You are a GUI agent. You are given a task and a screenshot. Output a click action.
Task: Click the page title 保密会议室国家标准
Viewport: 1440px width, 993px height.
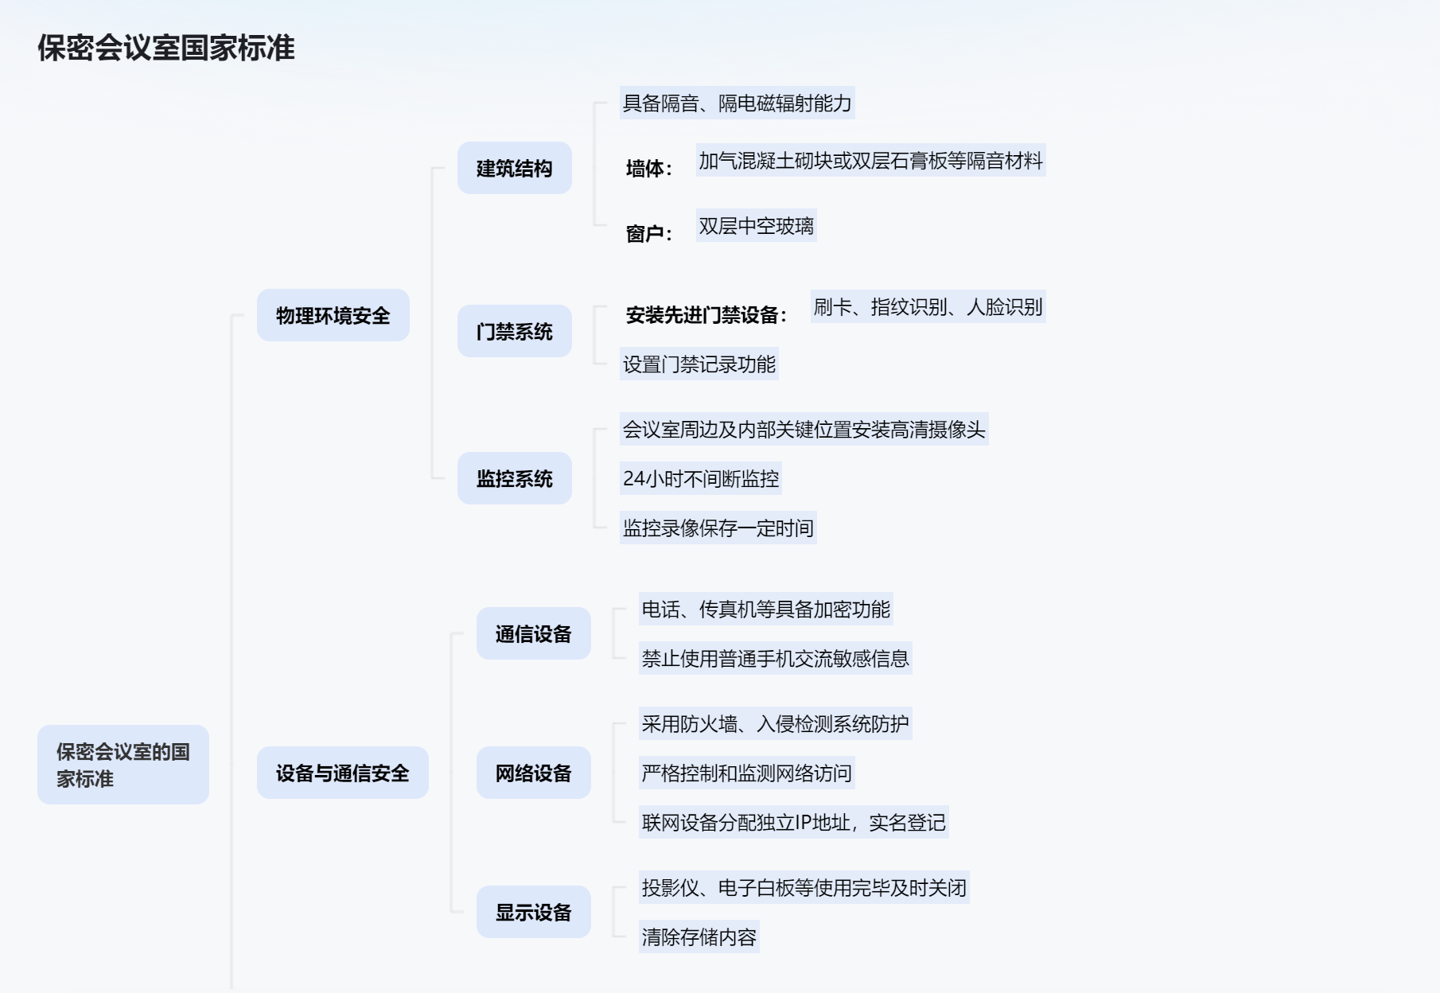tap(165, 49)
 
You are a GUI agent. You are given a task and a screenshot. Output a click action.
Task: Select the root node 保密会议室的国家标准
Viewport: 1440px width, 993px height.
tap(123, 765)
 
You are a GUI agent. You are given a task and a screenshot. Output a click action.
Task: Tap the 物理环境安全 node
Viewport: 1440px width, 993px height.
tap(333, 316)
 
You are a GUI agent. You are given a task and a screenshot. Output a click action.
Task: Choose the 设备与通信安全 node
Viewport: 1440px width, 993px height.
tap(342, 773)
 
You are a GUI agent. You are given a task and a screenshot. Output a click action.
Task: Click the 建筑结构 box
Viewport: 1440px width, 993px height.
tap(514, 169)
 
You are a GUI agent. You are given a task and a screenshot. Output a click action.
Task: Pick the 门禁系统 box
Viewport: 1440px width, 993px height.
tap(514, 331)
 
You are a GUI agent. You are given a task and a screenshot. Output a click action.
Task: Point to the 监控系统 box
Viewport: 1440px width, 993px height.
tap(514, 478)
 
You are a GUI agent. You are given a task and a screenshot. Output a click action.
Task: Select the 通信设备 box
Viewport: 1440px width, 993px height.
tap(533, 633)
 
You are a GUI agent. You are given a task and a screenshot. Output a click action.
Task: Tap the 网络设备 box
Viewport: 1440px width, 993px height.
tap(533, 773)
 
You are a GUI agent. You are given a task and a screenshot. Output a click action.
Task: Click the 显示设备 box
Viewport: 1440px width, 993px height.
tap(533, 912)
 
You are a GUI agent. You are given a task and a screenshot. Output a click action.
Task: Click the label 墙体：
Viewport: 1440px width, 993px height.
tap(649, 169)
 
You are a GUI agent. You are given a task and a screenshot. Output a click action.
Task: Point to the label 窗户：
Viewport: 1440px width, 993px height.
tap(649, 234)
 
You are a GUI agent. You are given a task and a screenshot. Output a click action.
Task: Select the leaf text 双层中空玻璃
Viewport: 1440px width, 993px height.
tap(756, 226)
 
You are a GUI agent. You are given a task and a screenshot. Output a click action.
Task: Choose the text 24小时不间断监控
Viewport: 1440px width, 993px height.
tap(700, 478)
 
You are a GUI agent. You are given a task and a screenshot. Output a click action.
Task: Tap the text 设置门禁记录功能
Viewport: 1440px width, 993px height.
tap(699, 364)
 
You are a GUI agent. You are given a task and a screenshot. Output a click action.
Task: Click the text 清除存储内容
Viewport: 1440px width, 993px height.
tap(699, 937)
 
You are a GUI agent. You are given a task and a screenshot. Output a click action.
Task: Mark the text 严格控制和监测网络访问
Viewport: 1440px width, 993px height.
tap(746, 773)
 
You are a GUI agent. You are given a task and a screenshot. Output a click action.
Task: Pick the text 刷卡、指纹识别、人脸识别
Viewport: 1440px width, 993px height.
tap(928, 307)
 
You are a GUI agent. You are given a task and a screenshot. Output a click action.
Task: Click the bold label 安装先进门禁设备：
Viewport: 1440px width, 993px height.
tap(706, 316)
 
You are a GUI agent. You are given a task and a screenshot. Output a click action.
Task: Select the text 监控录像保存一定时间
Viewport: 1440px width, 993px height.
tap(718, 528)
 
